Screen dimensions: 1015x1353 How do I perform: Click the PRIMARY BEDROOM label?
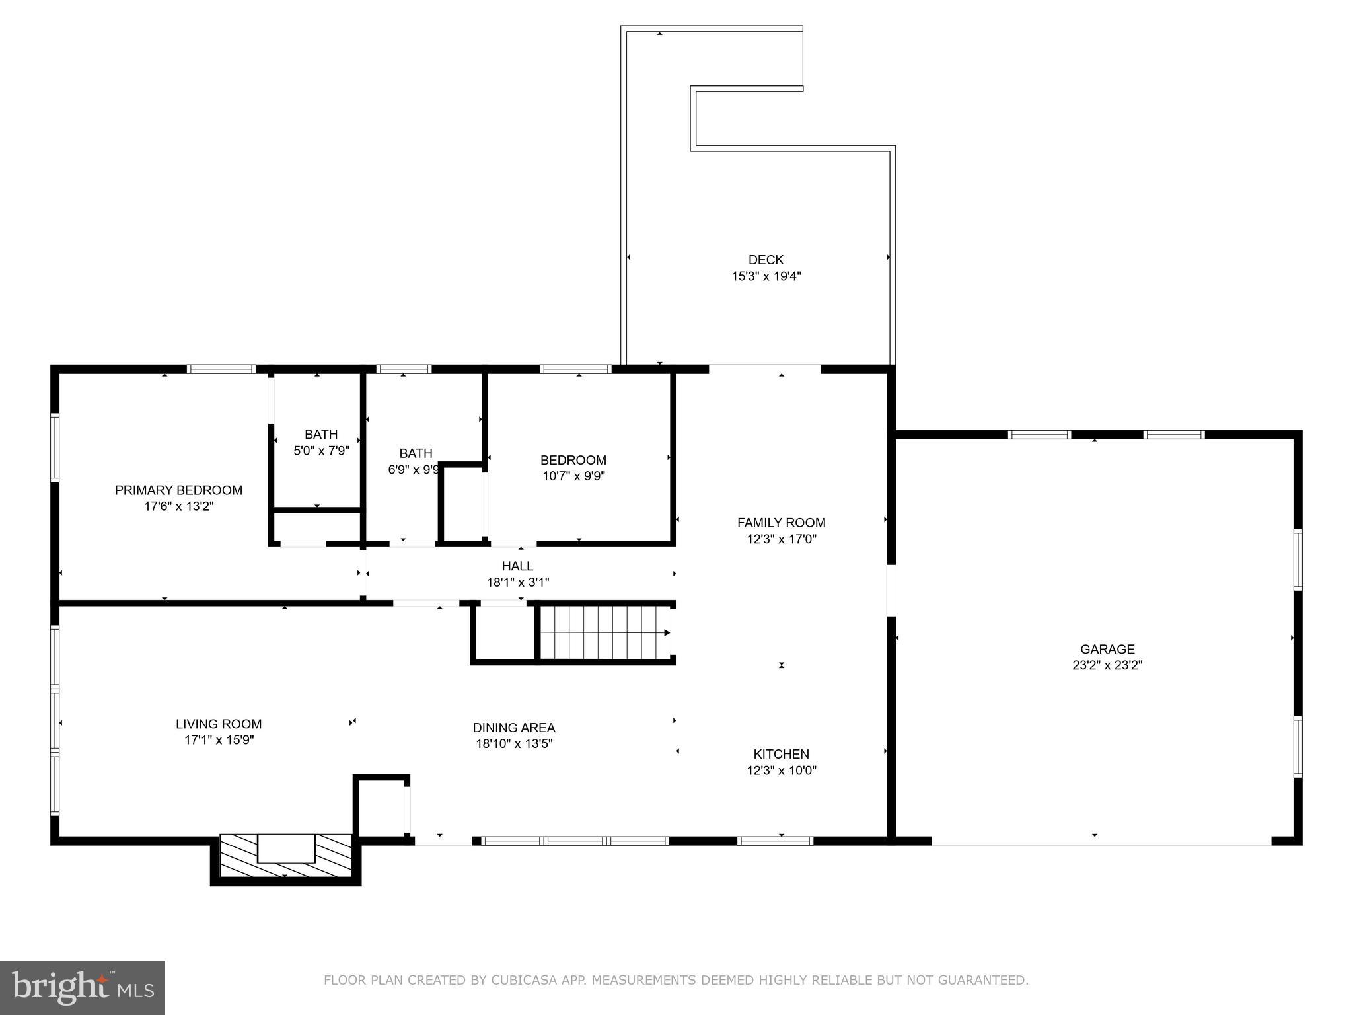[x=178, y=490]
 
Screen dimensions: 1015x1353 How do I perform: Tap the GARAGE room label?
[x=1107, y=649]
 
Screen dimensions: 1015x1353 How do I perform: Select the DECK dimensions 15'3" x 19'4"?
[x=766, y=276]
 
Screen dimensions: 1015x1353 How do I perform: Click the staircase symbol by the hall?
[x=603, y=633]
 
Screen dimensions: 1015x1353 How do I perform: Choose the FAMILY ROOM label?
[x=781, y=523]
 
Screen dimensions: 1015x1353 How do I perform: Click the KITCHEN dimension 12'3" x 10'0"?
[x=781, y=771]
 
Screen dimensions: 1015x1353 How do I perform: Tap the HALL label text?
[x=517, y=566]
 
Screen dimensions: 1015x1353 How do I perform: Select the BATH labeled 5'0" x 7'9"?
[x=321, y=442]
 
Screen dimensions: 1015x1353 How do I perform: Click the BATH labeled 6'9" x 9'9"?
[x=415, y=461]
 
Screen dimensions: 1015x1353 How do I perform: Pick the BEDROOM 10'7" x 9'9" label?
[x=573, y=468]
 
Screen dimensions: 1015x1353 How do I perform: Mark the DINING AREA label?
[x=513, y=728]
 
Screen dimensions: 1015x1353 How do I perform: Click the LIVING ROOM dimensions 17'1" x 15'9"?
[x=219, y=740]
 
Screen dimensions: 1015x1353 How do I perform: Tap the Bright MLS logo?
[x=82, y=987]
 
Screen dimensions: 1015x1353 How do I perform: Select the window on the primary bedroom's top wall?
[x=221, y=369]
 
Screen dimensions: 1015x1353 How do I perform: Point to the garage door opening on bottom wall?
[x=1101, y=842]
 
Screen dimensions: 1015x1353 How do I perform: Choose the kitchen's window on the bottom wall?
[x=774, y=841]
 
